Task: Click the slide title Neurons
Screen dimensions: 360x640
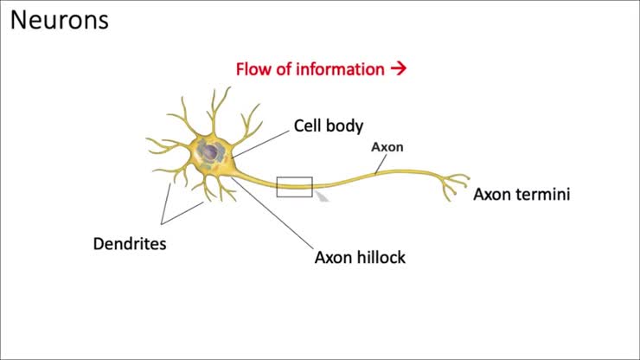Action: tap(59, 19)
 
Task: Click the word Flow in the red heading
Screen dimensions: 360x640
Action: tap(253, 69)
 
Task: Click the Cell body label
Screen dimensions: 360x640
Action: tap(329, 126)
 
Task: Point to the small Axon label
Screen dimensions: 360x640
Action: tap(387, 147)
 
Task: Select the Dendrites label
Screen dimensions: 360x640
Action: tap(130, 243)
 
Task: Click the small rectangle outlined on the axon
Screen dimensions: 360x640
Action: tap(294, 186)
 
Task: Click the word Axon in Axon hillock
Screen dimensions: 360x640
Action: tap(332, 257)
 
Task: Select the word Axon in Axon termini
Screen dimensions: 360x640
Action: tap(491, 195)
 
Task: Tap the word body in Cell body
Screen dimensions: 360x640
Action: tap(346, 126)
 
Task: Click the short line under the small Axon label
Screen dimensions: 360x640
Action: tap(380, 165)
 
